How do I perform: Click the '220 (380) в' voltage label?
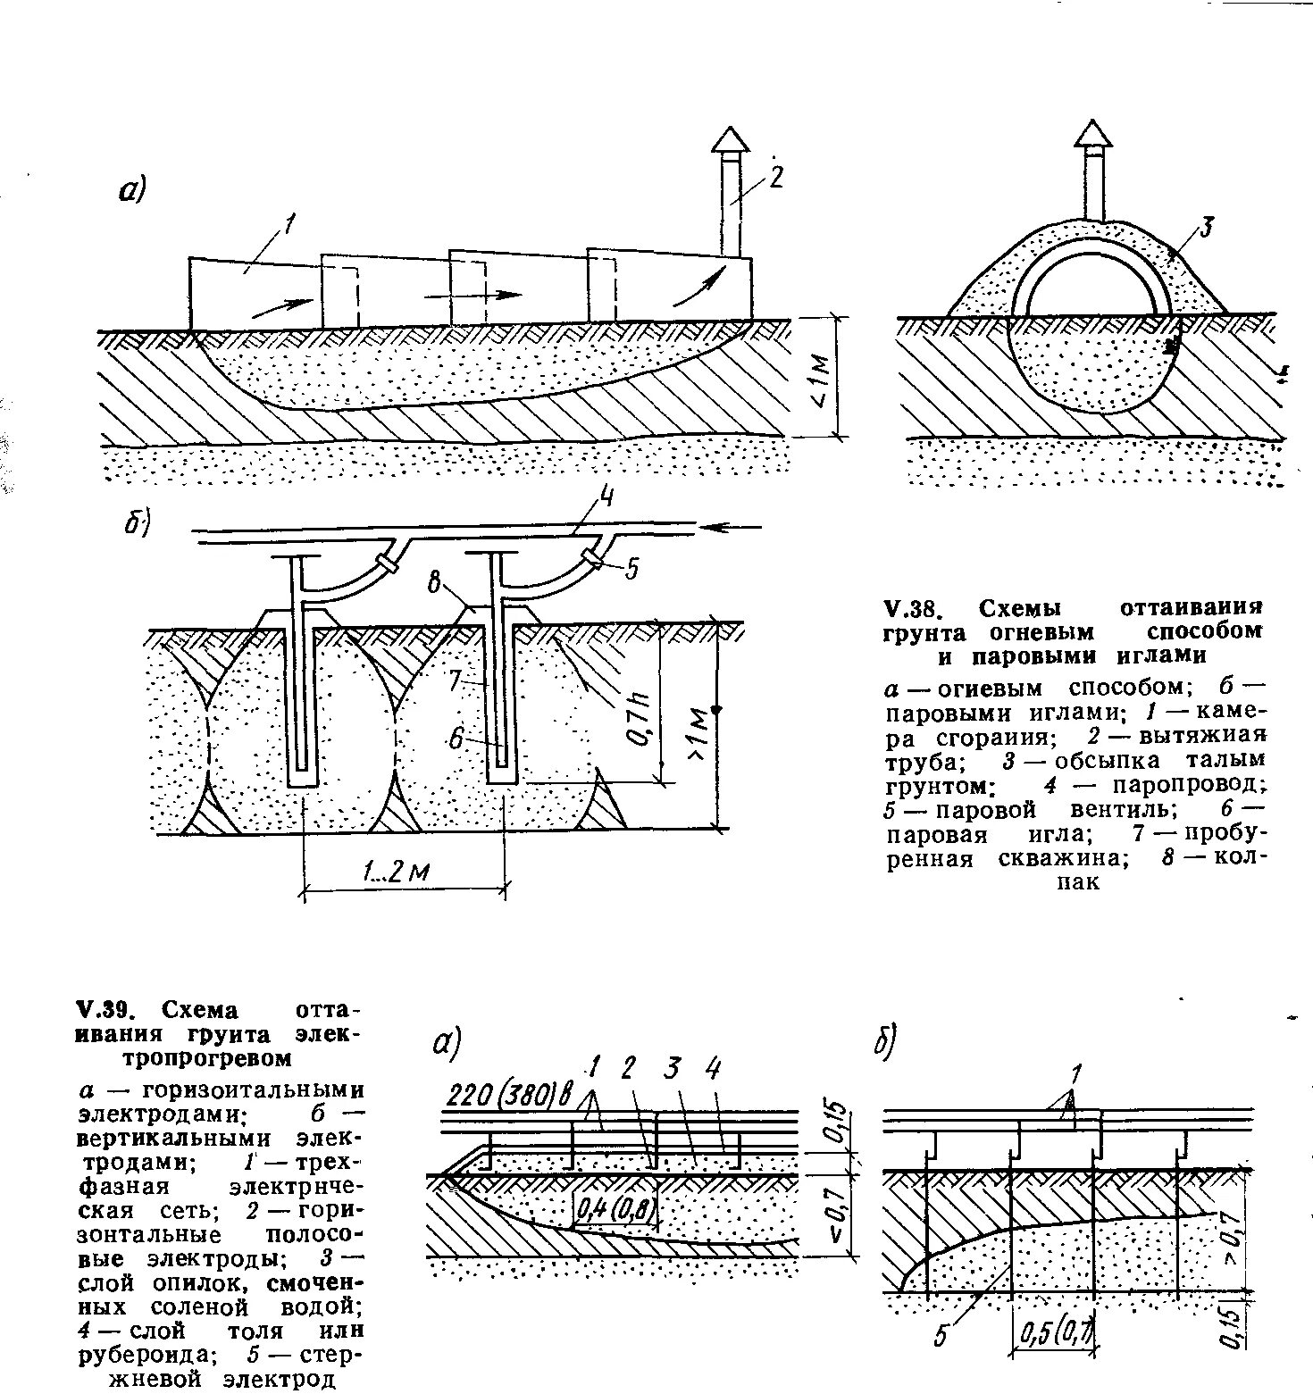[509, 1094]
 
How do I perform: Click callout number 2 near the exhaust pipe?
[775, 178]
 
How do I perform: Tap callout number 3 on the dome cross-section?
[1205, 228]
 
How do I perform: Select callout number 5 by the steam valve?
[631, 569]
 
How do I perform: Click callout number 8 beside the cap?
[435, 586]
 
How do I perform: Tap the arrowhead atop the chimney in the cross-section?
[1092, 132]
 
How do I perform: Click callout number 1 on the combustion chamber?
[289, 227]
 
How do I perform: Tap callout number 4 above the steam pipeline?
[605, 499]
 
